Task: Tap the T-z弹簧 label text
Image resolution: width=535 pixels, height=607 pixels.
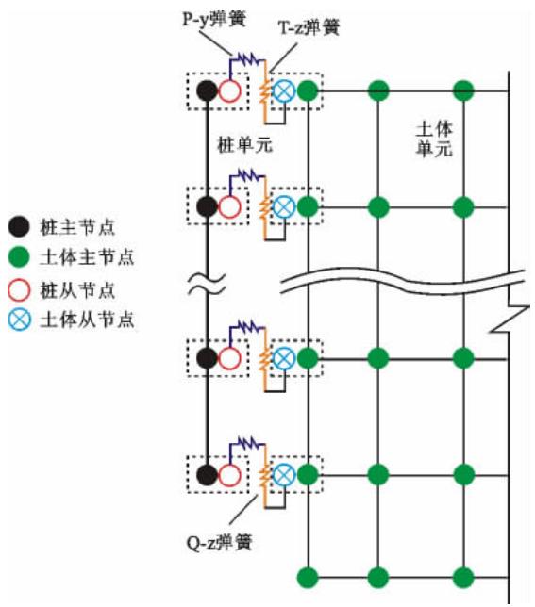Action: click(x=308, y=28)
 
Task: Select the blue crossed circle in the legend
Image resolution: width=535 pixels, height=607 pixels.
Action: click(x=19, y=320)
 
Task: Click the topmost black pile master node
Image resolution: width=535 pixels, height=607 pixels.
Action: click(x=207, y=91)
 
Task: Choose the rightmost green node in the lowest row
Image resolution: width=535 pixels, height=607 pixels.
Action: click(x=461, y=576)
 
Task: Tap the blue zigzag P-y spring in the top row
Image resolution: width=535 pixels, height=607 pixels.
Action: click(x=248, y=59)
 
